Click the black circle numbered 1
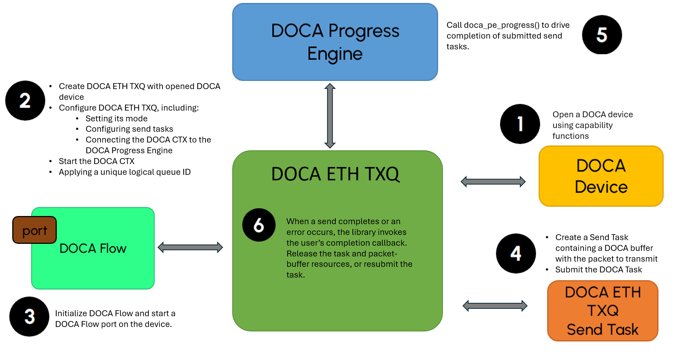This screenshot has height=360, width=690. (520, 124)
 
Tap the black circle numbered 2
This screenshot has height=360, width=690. (25, 101)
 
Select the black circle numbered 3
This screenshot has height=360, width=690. (29, 317)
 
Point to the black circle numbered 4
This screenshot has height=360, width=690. (516, 253)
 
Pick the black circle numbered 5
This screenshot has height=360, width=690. (602, 35)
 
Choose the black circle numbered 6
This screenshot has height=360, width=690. (259, 225)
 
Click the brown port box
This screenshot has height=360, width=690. (34, 230)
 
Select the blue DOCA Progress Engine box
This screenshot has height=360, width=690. (335, 42)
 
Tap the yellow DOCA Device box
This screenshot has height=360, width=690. (601, 176)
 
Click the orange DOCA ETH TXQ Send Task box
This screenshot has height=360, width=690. (602, 311)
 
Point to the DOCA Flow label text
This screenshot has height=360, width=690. (93, 248)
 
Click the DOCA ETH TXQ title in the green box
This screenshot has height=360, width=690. (335, 174)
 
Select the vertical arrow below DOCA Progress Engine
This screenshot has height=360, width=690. (330, 116)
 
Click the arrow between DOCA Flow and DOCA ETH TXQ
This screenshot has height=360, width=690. (190, 247)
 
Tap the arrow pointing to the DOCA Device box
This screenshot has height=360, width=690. (493, 181)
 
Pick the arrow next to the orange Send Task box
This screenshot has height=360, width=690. (495, 306)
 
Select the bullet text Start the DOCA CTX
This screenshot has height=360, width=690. (96, 161)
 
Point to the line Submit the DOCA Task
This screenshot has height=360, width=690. (598, 269)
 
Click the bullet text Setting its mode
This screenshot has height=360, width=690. (116, 118)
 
